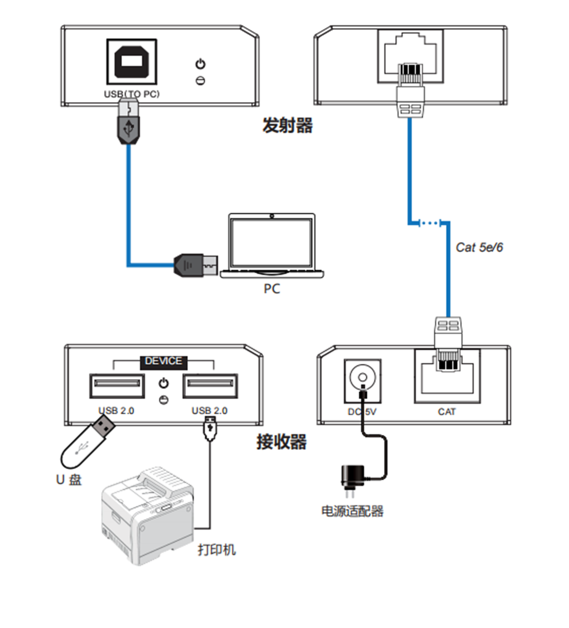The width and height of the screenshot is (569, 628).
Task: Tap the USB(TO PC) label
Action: pyautogui.click(x=132, y=94)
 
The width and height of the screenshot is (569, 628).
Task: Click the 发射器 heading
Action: pyautogui.click(x=287, y=125)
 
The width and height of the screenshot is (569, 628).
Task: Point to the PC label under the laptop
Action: pyautogui.click(x=272, y=288)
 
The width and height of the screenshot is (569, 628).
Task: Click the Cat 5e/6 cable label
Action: pyautogui.click(x=479, y=247)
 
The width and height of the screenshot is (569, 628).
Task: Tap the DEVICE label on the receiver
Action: pyautogui.click(x=163, y=361)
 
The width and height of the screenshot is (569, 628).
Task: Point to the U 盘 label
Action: pyautogui.click(x=69, y=480)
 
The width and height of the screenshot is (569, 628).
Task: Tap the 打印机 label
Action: pyautogui.click(x=217, y=550)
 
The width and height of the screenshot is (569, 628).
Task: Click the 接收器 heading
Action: pyautogui.click(x=282, y=441)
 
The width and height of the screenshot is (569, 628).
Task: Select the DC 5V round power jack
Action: pyautogui.click(x=362, y=377)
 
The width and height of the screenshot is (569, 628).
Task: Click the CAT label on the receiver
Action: pyautogui.click(x=446, y=412)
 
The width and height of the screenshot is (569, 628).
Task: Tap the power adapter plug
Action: pyautogui.click(x=350, y=479)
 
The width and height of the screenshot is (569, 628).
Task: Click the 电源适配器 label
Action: pyautogui.click(x=352, y=511)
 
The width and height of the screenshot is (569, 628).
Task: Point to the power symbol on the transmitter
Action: pyautogui.click(x=200, y=64)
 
